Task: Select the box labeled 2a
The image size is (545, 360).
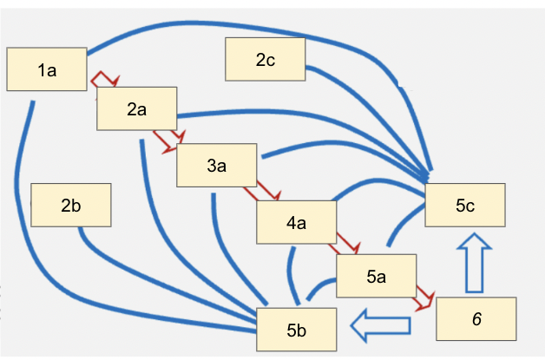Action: [136, 108]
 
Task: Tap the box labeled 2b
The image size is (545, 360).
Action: [70, 206]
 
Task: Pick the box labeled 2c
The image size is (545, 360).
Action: [265, 60]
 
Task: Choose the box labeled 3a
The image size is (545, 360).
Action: [216, 166]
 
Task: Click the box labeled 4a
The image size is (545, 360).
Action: [296, 223]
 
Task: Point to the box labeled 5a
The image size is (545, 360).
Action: [376, 277]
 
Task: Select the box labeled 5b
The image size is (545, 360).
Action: [296, 330]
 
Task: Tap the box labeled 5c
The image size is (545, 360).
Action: [464, 206]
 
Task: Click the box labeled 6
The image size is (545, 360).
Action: [476, 318]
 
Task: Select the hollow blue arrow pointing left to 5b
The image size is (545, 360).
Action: [379, 324]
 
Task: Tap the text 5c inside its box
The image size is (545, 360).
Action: [464, 206]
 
